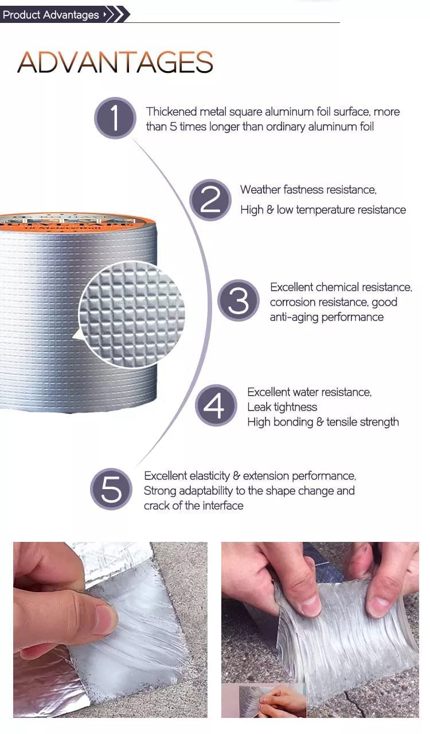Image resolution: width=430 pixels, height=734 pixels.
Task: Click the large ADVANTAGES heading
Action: [115, 63]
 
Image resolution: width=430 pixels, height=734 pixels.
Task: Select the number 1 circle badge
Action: [115, 118]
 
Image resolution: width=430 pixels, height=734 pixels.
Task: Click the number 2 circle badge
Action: [210, 200]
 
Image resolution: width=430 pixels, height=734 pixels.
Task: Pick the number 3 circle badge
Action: [239, 300]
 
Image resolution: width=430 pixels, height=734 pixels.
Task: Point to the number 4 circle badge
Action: [216, 406]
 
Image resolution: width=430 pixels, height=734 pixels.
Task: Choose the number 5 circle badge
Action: [111, 489]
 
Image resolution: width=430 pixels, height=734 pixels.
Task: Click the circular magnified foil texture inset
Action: [132, 314]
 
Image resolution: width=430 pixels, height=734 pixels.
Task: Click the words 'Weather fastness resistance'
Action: [308, 190]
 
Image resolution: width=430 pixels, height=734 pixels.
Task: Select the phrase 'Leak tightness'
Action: [282, 407]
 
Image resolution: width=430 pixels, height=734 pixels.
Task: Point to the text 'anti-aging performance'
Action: [326, 317]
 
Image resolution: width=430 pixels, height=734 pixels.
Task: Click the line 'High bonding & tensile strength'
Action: [323, 422]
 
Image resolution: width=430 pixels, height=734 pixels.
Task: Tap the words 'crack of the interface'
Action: [193, 506]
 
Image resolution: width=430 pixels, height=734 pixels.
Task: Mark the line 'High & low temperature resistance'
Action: [323, 210]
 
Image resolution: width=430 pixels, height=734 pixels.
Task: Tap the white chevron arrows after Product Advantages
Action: [115, 15]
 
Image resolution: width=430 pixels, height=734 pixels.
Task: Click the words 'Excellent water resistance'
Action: [309, 392]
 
